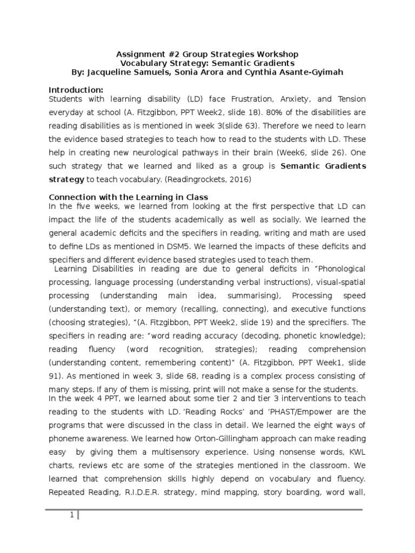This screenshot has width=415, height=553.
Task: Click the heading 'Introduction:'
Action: (76, 89)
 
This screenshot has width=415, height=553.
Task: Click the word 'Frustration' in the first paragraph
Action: (252, 99)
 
